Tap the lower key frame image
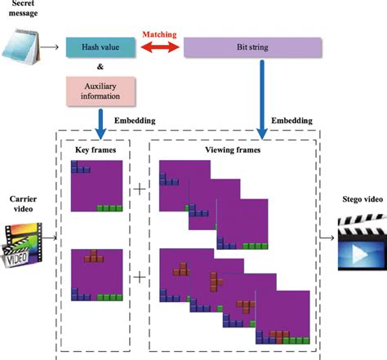click(96, 274)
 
